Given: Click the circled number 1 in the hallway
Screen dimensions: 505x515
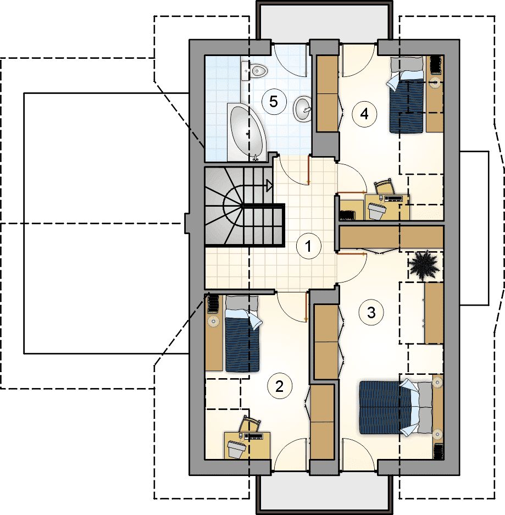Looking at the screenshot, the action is [x=308, y=246].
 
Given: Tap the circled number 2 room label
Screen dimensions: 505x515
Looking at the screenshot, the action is [x=279, y=386].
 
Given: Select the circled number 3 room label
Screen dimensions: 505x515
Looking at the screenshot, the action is [x=371, y=312].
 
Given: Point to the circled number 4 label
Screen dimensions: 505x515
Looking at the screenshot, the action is [x=364, y=114].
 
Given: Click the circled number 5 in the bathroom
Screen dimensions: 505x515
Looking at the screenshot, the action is [x=274, y=102].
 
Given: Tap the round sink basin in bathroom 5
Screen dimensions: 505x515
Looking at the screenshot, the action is [x=302, y=109].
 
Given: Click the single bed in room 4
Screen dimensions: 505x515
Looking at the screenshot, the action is [x=406, y=95].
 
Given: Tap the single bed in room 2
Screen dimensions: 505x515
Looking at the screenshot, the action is [x=242, y=334].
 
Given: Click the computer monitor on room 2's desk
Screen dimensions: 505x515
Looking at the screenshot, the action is [x=236, y=448].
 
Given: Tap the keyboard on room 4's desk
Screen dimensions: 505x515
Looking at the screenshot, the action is [x=393, y=198].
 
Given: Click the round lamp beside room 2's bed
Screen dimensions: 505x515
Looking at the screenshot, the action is [x=214, y=321].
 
